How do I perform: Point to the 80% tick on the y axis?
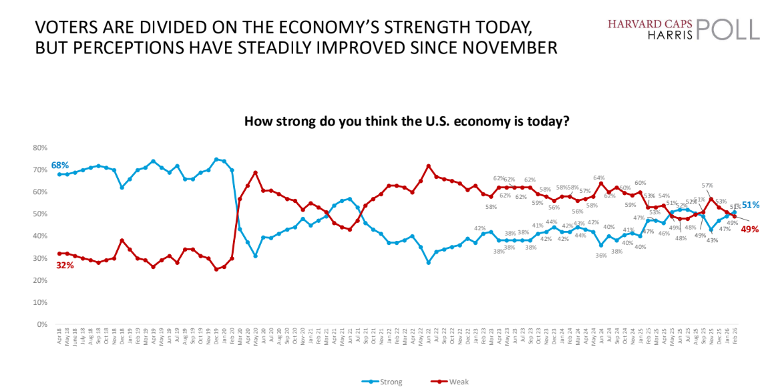41,148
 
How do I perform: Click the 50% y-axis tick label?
41,214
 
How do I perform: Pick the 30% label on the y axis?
41,258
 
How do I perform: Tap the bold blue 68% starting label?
59,165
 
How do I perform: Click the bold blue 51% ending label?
751,205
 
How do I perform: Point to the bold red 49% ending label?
751,228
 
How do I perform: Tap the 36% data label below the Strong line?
601,255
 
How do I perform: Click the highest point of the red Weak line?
428,165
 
